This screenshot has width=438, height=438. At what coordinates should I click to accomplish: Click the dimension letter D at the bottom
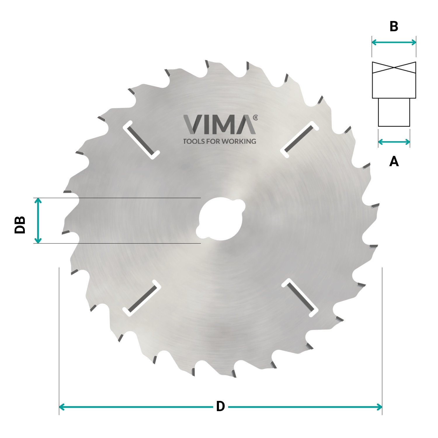[220, 406]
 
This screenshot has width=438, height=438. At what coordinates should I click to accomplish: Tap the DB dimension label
[20, 225]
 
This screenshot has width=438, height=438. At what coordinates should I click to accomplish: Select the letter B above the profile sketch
[394, 27]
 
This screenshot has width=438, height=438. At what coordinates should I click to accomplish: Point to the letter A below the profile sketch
[394, 161]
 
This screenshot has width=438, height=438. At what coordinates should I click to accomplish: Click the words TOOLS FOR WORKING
[220, 141]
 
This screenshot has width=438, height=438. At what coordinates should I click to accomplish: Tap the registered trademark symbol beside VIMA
[255, 118]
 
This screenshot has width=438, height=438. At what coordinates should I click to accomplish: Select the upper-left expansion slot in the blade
[141, 140]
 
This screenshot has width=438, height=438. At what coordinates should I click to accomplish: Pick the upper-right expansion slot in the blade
[299, 139]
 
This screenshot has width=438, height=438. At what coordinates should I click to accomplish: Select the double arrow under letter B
[394, 42]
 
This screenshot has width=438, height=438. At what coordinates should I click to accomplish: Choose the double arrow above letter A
[394, 142]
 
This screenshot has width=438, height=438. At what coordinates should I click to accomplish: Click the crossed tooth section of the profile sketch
[394, 67]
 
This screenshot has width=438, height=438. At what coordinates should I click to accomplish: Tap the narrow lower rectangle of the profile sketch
[394, 112]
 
